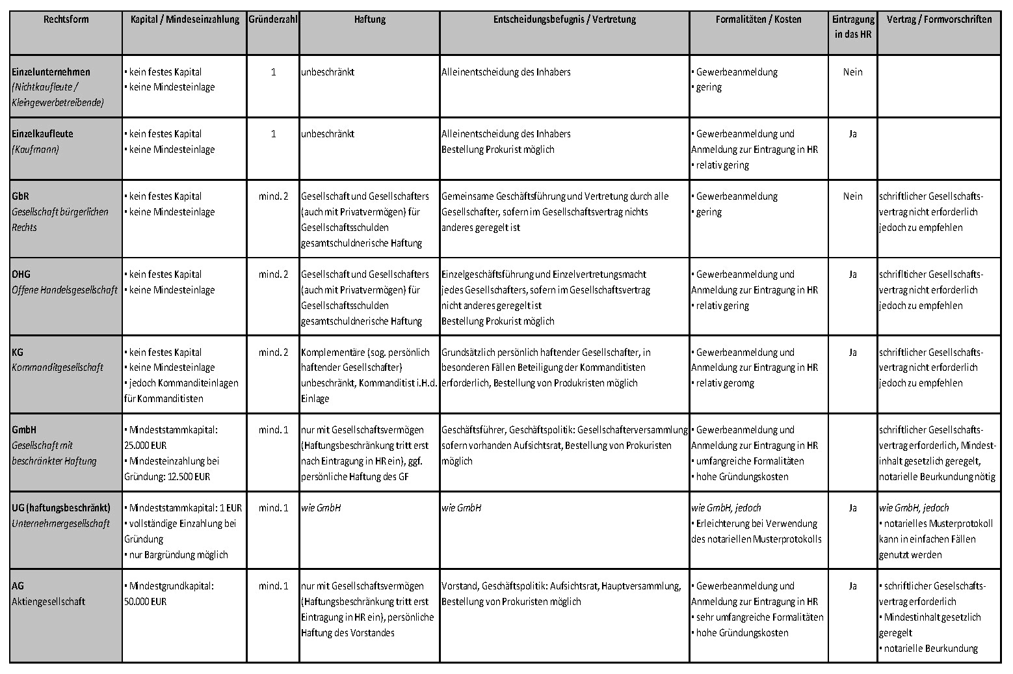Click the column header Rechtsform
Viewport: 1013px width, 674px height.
(x=66, y=20)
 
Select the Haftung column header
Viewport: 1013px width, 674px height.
(x=369, y=20)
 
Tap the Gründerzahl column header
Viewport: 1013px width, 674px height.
(x=273, y=20)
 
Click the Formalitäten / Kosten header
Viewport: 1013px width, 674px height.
(x=758, y=20)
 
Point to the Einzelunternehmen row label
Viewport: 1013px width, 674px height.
(x=51, y=72)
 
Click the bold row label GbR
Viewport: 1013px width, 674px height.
(x=20, y=196)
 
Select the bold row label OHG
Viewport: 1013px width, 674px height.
(x=21, y=274)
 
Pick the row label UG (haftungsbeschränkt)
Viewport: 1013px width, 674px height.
(x=61, y=507)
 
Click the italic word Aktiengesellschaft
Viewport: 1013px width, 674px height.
(x=48, y=601)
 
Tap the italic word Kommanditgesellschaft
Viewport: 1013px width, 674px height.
(x=57, y=368)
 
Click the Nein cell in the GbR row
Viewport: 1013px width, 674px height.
(x=852, y=196)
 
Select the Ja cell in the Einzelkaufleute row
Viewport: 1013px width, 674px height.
(x=852, y=134)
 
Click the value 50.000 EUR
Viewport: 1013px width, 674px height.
(x=145, y=601)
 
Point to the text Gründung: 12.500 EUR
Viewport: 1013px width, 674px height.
(x=167, y=476)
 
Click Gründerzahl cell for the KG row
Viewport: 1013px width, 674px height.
(x=273, y=352)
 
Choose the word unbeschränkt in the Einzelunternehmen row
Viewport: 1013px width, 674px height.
(x=328, y=72)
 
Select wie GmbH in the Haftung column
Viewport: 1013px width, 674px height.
(x=321, y=507)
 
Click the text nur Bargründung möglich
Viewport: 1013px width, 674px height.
(x=178, y=554)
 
